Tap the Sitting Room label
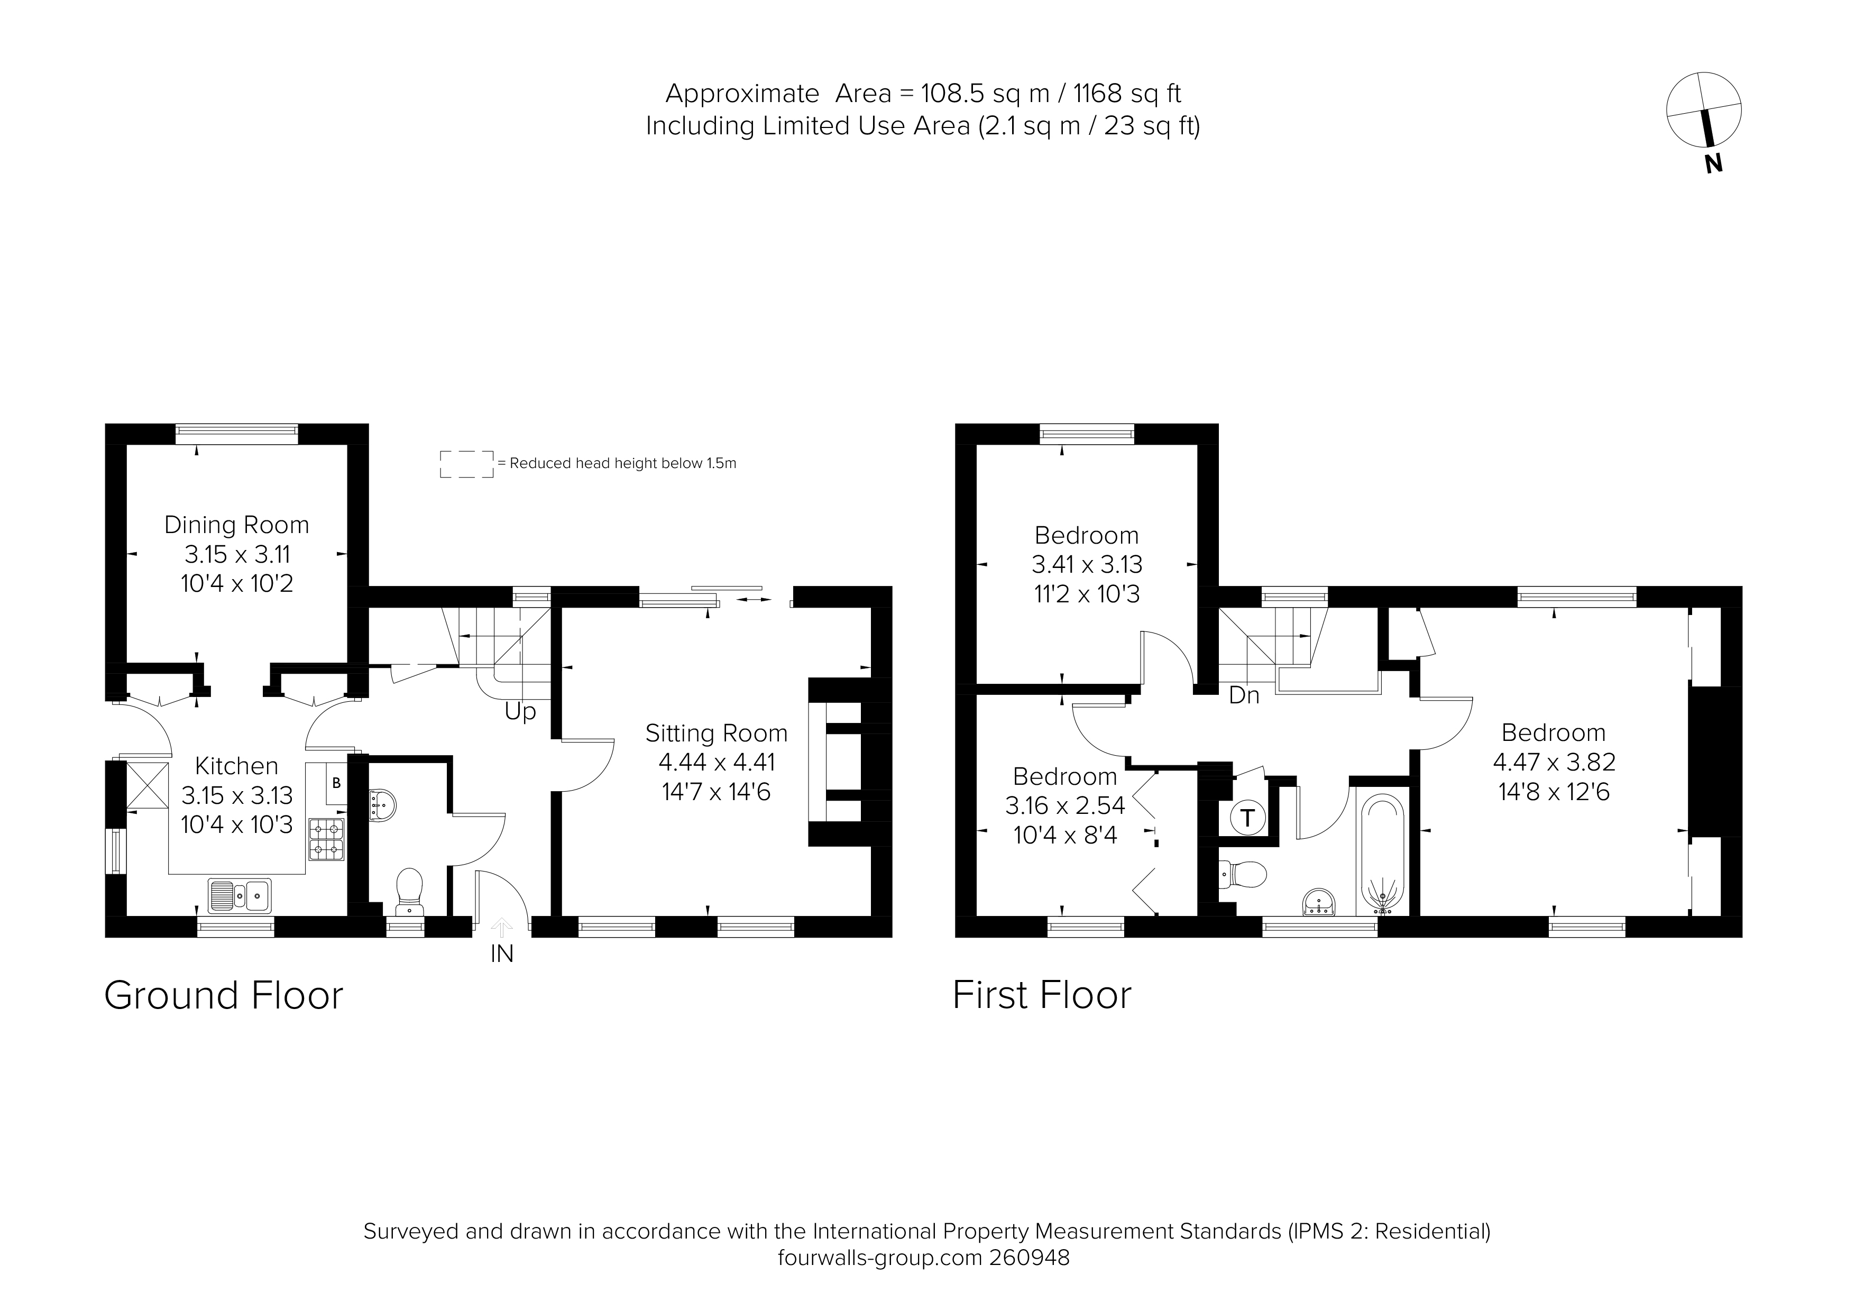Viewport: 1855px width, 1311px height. coord(716,734)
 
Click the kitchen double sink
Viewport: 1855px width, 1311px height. coord(240,895)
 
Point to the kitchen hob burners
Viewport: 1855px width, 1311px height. coord(326,838)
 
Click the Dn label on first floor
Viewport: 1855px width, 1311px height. coord(1243,695)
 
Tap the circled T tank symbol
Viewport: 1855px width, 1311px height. coord(1247,818)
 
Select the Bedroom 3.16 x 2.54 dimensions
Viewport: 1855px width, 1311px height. coord(1065,806)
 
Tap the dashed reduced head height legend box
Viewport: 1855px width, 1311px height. coord(466,464)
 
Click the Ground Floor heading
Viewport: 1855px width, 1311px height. coord(224,996)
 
